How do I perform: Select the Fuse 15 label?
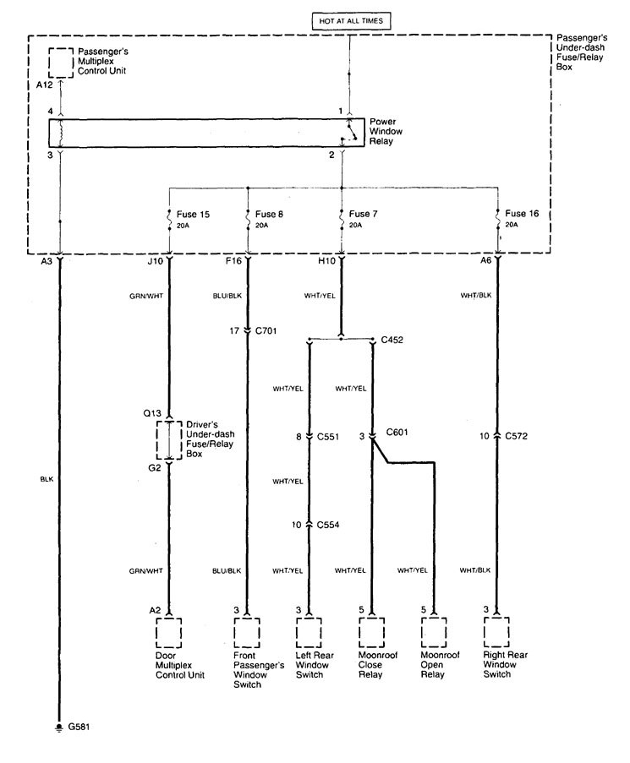click(193, 214)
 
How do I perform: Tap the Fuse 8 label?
click(268, 214)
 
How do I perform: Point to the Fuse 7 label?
click(363, 214)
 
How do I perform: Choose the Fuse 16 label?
click(521, 214)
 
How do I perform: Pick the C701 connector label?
click(268, 330)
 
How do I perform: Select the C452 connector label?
click(392, 341)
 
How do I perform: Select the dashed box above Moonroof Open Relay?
click(434, 631)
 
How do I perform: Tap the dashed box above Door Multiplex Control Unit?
click(170, 631)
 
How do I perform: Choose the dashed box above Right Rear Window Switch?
click(497, 631)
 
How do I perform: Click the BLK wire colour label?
click(46, 478)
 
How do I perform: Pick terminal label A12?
click(44, 84)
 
